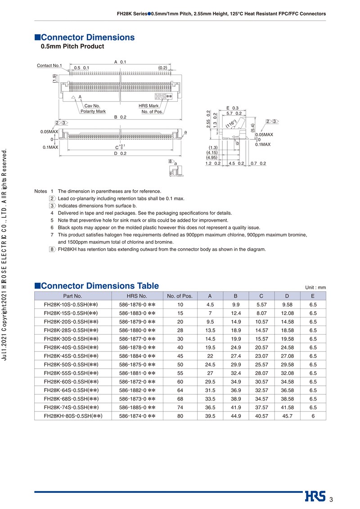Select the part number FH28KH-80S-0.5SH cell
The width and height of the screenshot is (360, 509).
[73, 416]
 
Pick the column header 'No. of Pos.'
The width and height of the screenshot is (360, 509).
[180, 296]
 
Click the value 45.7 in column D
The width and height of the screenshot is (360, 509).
[287, 416]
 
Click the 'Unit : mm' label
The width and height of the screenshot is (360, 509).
[315, 287]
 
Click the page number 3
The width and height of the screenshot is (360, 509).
[331, 500]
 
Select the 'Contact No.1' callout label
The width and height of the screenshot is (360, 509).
[49, 66]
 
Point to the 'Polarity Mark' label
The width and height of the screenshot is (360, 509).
[93, 111]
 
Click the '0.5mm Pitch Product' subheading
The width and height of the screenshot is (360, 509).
[72, 46]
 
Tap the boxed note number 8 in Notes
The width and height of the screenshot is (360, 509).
[52, 249]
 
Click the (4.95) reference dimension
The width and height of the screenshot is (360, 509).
[212, 157]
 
